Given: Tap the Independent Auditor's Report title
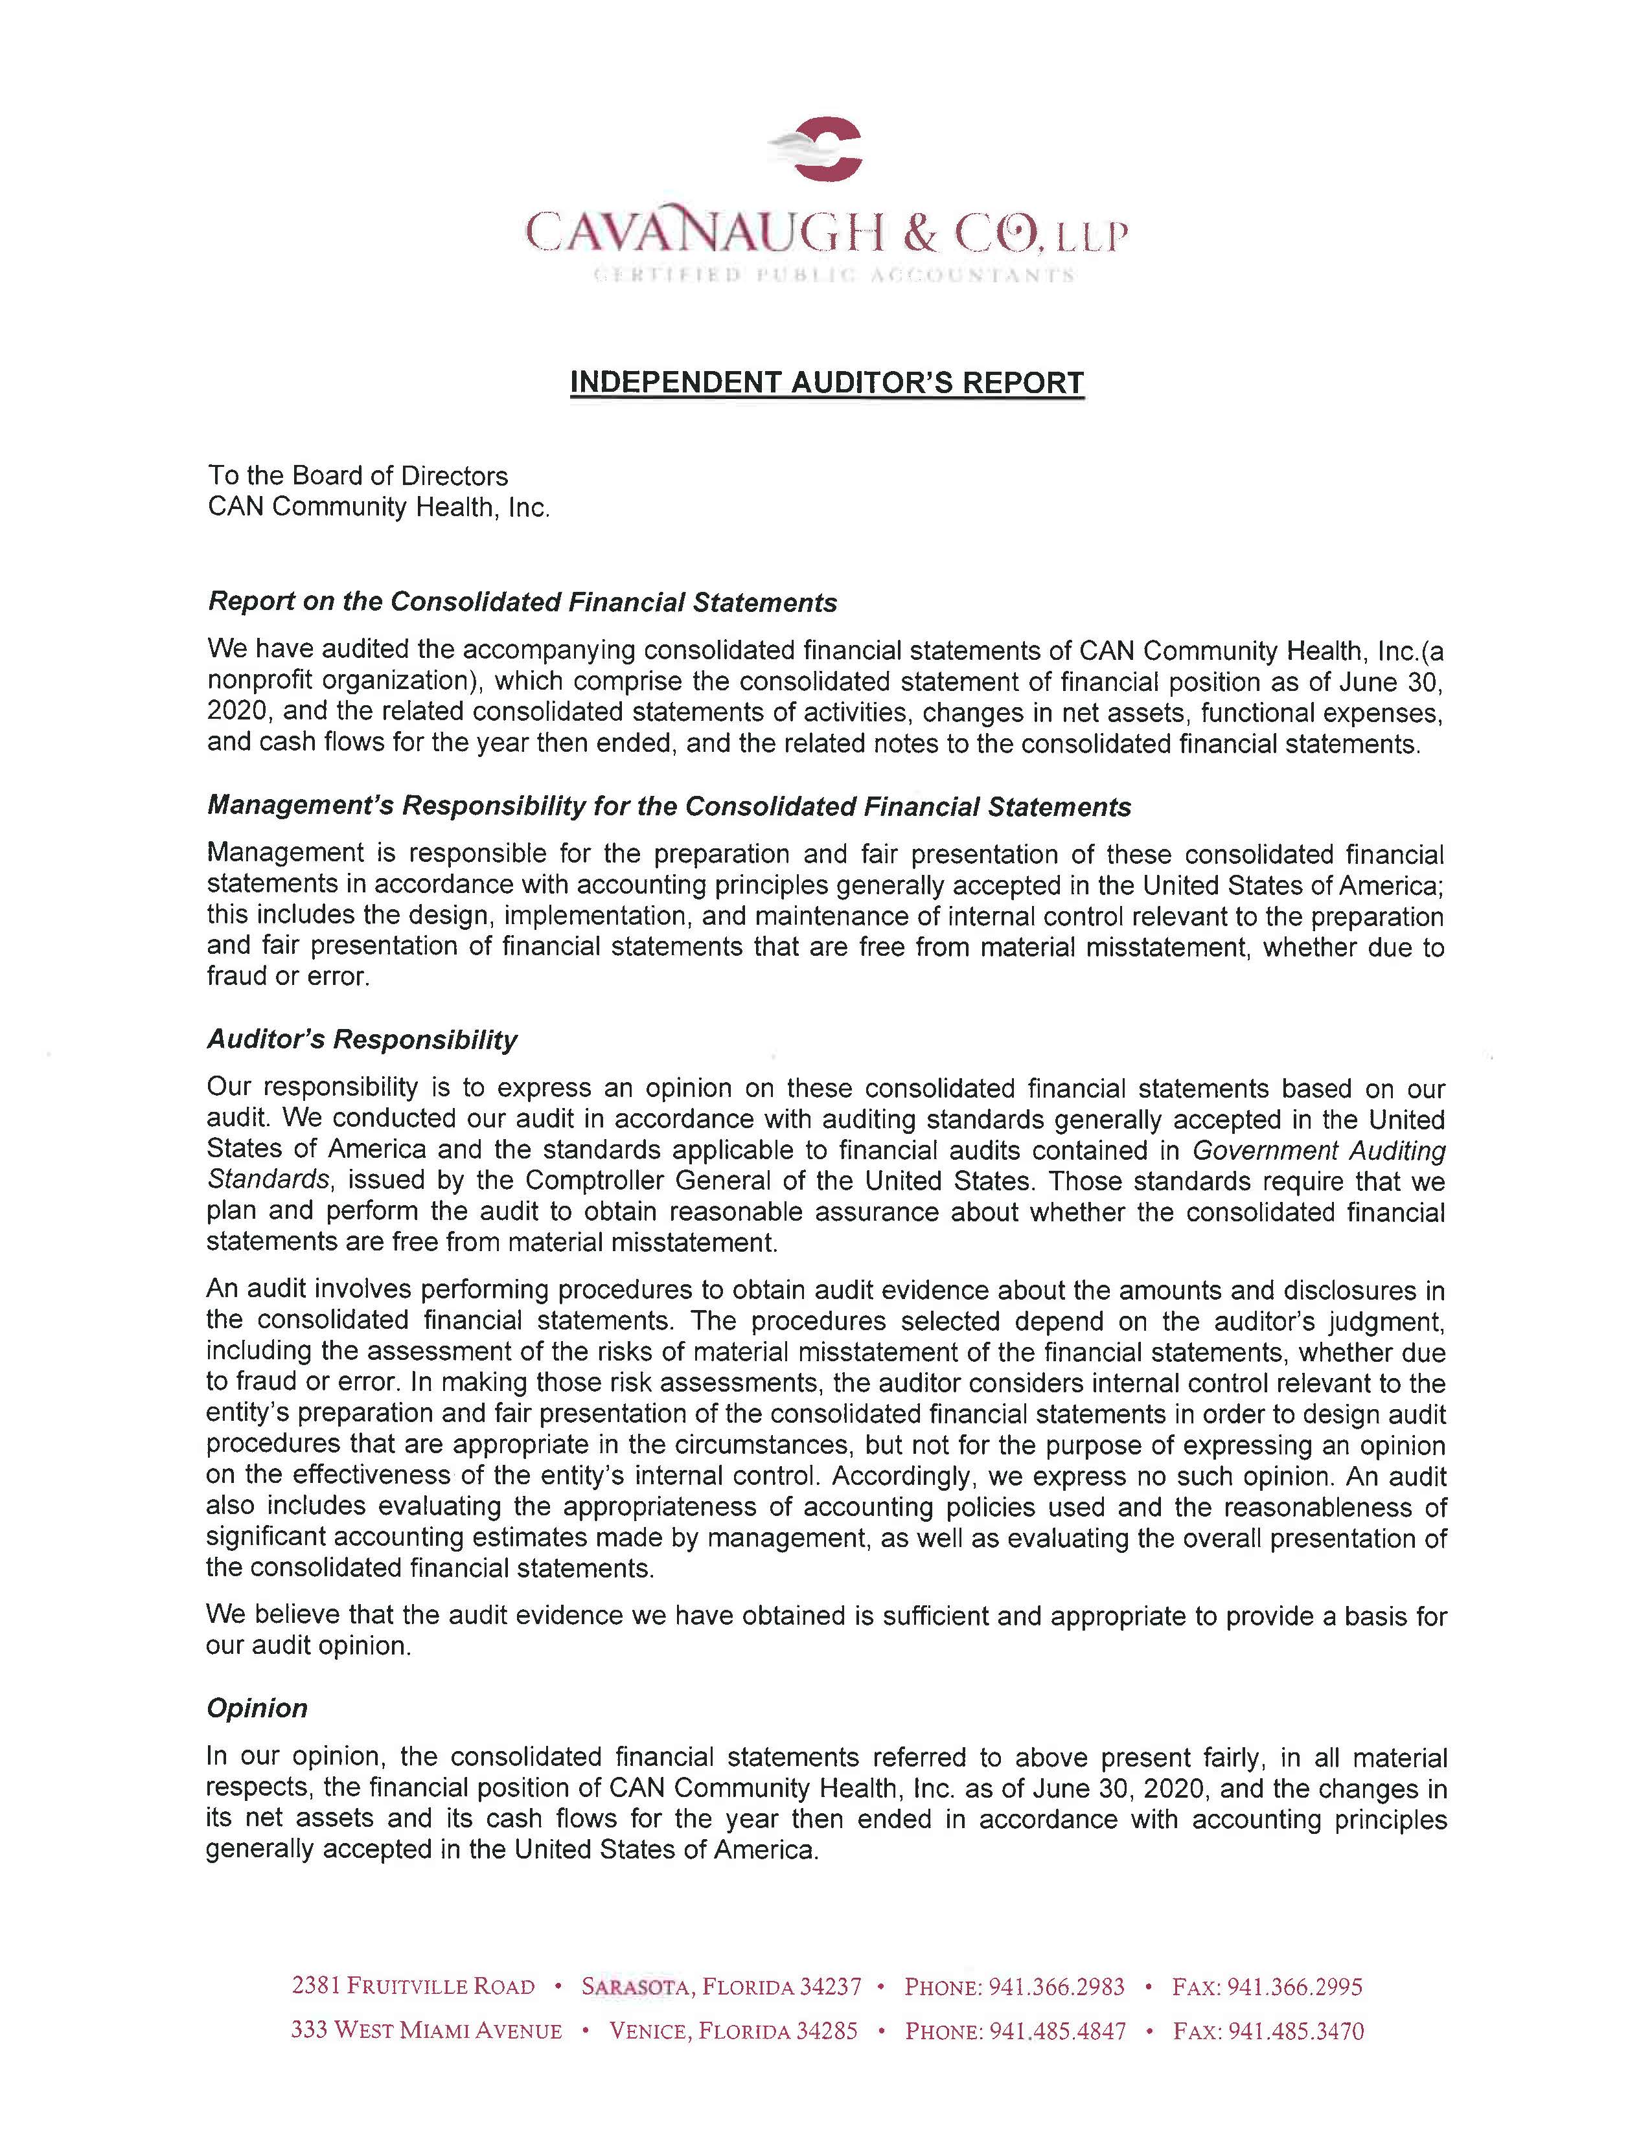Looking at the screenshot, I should [x=827, y=383].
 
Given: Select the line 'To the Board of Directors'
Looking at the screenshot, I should [x=358, y=477].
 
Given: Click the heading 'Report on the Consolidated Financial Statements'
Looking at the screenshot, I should [x=523, y=603].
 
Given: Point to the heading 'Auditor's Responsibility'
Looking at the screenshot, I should [x=362, y=1040].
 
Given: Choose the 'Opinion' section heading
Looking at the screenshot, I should [x=257, y=1708].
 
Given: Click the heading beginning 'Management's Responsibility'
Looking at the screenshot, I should [x=669, y=808].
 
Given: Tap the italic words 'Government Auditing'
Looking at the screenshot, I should [x=1319, y=1151].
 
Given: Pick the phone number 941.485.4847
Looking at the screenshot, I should [x=1058, y=2031].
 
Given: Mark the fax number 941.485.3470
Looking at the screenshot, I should [x=1296, y=2031].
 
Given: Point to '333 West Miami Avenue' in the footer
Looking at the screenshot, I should [x=427, y=2031].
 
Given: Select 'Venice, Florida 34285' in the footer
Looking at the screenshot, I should [x=733, y=2031].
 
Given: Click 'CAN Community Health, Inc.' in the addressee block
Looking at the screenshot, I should [x=379, y=508].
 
